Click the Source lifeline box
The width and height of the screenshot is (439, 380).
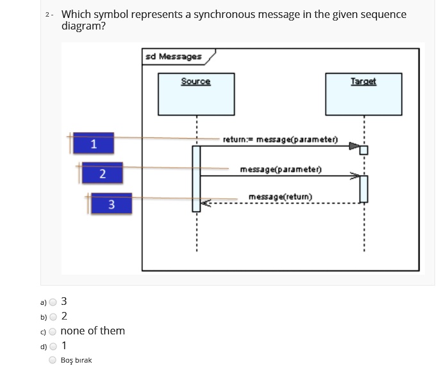[x=196, y=94]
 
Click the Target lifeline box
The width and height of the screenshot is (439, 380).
[x=364, y=94]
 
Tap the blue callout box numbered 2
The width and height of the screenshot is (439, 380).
[x=103, y=174]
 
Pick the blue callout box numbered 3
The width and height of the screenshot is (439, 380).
[x=111, y=204]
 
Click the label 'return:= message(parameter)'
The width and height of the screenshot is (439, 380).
[x=280, y=139]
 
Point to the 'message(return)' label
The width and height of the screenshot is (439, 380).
[x=280, y=196]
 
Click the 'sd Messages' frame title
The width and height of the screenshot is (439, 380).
[x=173, y=56]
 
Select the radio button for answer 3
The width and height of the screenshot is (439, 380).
[x=53, y=302]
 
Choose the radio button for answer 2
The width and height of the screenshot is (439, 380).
[x=53, y=316]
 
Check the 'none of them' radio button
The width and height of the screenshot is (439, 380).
[x=53, y=331]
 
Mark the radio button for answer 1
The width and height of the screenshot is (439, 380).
[x=53, y=346]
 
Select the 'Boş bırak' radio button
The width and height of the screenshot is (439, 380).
[x=53, y=360]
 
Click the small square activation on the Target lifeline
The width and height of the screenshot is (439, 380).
[x=364, y=150]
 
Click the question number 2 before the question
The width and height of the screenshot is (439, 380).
[x=49, y=14]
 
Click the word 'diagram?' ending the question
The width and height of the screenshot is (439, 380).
[x=83, y=26]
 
